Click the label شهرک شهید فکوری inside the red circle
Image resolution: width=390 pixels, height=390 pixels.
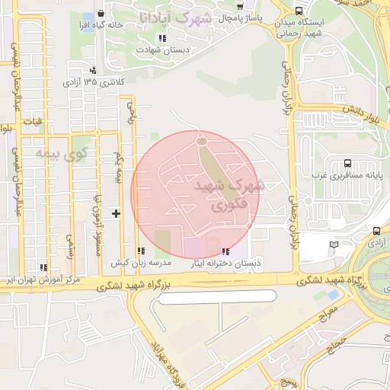tap(228, 195)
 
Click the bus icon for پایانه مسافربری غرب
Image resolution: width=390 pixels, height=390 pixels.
tap(347, 163)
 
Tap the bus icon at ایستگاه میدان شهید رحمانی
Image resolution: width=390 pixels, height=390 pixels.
tap(298, 11)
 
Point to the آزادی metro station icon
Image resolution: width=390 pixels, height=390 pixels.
tap(377, 231)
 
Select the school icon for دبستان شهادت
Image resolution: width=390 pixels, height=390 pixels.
tap(161, 38)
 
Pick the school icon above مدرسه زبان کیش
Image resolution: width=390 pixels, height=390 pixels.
tap(140, 251)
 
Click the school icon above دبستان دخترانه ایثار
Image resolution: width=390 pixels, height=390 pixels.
tap(225, 251)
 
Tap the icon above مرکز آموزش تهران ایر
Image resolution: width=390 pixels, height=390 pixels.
tap(43, 267)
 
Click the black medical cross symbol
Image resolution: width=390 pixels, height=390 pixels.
tap(116, 213)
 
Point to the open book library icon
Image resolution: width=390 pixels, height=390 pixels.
tap(334, 245)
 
